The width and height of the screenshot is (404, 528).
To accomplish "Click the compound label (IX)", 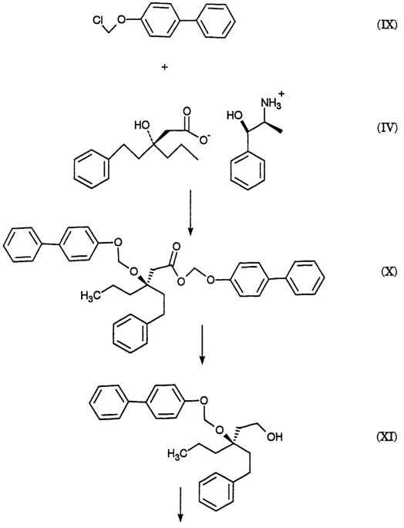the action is (x=386, y=25).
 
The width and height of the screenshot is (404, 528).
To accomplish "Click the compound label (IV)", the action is (x=386, y=128).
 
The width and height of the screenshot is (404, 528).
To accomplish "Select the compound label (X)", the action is (x=388, y=272).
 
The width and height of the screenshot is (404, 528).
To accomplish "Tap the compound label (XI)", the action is (x=386, y=437).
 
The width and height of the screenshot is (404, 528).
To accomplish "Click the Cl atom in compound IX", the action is (x=99, y=21).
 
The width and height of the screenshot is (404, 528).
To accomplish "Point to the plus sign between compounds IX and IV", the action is (x=165, y=67).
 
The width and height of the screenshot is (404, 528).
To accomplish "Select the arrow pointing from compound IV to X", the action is (x=190, y=213).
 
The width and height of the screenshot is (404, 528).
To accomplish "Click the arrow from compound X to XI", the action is (x=201, y=345).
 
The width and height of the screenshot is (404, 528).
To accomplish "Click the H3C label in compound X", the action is (x=89, y=295).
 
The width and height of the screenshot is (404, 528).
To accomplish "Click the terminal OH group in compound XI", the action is (x=274, y=437).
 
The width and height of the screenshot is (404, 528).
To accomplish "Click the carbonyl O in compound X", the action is (x=175, y=247).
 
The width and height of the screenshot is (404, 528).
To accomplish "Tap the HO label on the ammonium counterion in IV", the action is (x=235, y=116).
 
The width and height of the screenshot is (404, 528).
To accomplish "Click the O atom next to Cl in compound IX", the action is (x=122, y=18).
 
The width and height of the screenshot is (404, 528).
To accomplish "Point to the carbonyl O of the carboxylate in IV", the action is (x=187, y=112).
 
